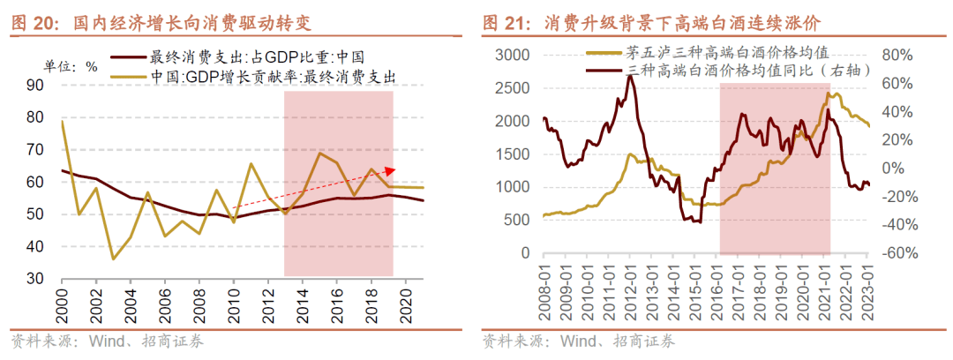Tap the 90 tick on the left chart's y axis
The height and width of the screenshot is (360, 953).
pos(35,86)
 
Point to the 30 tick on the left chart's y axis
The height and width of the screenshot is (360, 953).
pos(35,278)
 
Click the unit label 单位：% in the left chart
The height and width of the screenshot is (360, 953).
pos(71,65)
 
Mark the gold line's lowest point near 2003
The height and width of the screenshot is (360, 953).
pos(113,259)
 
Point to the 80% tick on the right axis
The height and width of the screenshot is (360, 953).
pos(894,55)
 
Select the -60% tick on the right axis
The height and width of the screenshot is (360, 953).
pos(892,253)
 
